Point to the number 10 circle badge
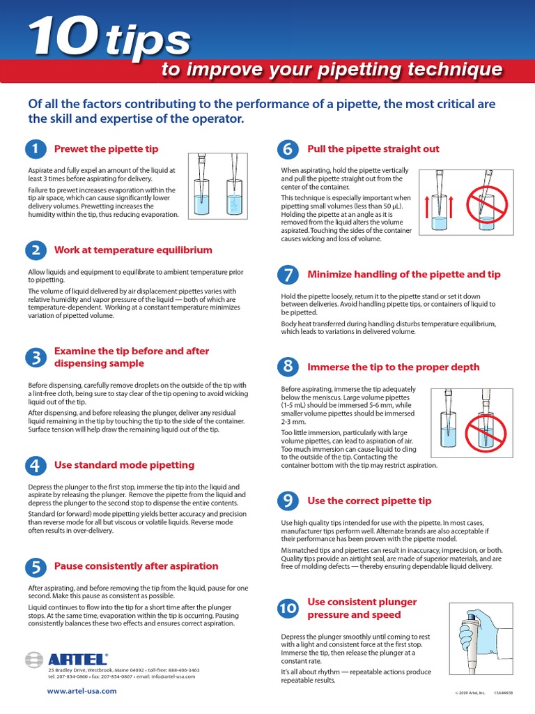click(x=288, y=609)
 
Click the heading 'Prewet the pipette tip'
click(x=106, y=149)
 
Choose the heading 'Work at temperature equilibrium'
click(x=133, y=250)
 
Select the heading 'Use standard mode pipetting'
click(x=124, y=464)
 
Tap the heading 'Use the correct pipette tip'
click(x=369, y=501)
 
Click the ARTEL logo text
click(x=78, y=659)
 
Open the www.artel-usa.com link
click(x=82, y=691)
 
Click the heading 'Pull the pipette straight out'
click(x=373, y=149)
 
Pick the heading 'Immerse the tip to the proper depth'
click(x=393, y=367)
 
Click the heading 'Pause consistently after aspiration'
click(x=136, y=566)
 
